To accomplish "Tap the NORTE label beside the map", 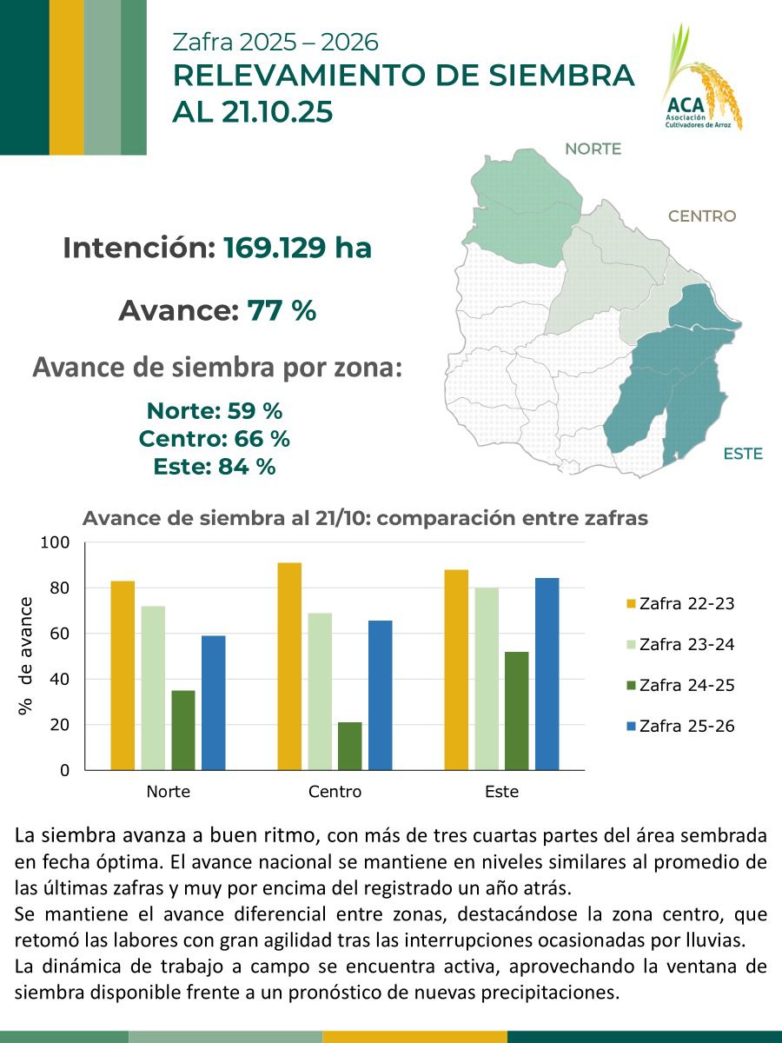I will (593, 149).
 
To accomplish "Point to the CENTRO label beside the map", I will (701, 216).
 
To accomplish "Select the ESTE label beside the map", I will (742, 454).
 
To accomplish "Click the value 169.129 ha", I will (297, 249).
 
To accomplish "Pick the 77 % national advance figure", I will (282, 310).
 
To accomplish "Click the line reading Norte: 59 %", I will (215, 410).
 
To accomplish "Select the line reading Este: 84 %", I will (215, 467).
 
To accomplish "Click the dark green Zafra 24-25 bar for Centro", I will (349, 746).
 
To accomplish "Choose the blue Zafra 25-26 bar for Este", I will (547, 674).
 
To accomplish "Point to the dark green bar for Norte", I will (183, 730).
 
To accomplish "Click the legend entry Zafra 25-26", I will (680, 726).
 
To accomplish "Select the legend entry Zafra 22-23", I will (680, 603).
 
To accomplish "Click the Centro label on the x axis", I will (335, 792).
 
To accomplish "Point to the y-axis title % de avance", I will (26, 656).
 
